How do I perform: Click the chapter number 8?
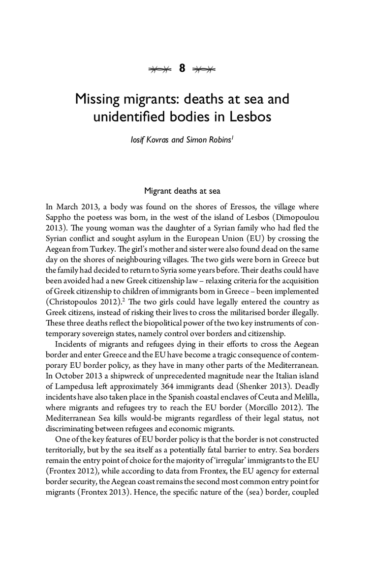[182, 68]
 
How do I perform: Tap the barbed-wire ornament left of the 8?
[160, 69]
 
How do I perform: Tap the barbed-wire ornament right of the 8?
[204, 69]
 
